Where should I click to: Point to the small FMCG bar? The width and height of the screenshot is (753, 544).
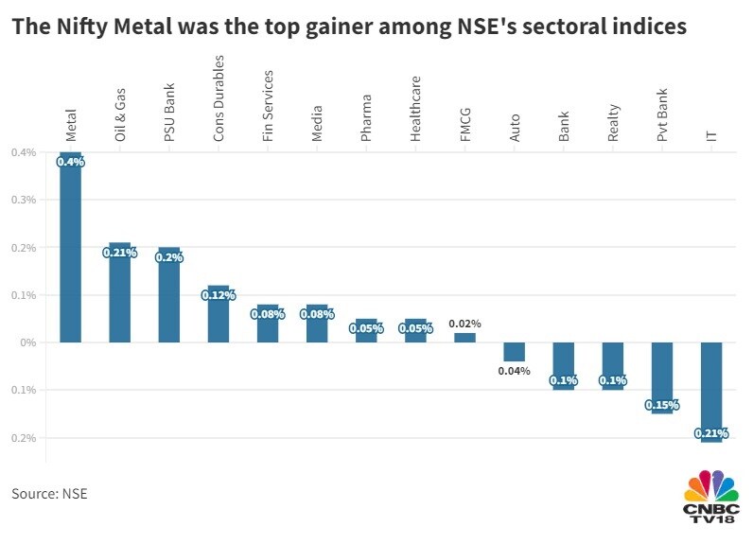tap(464, 338)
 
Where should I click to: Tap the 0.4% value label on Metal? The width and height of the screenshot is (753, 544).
tap(71, 162)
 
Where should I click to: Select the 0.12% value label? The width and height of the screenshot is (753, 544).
tap(218, 295)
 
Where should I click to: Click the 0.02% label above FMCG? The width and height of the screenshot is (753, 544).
tap(464, 323)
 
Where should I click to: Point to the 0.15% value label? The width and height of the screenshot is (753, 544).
tap(662, 405)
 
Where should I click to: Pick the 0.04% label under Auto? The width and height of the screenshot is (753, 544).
tap(514, 371)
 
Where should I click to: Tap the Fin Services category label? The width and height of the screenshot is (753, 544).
tap(268, 106)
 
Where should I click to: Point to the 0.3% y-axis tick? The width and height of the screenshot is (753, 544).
tap(23, 200)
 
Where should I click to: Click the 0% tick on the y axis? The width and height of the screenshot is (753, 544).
tap(27, 342)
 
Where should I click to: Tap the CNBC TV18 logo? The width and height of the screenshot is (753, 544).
tap(710, 498)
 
